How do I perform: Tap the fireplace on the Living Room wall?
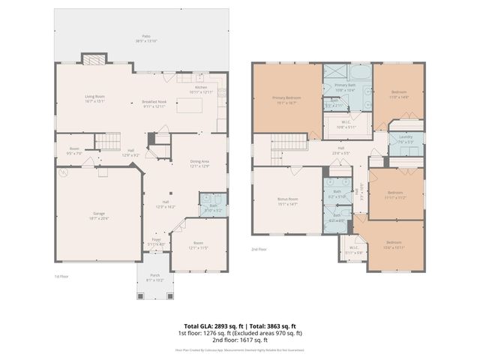click(94, 59)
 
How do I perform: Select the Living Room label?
click(94, 98)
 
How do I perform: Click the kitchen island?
click(189, 106)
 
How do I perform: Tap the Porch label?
click(154, 277)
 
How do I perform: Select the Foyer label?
click(155, 242)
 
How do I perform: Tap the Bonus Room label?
click(289, 201)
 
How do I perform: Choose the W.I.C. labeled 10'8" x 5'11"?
click(347, 124)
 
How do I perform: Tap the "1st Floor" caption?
click(63, 276)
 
